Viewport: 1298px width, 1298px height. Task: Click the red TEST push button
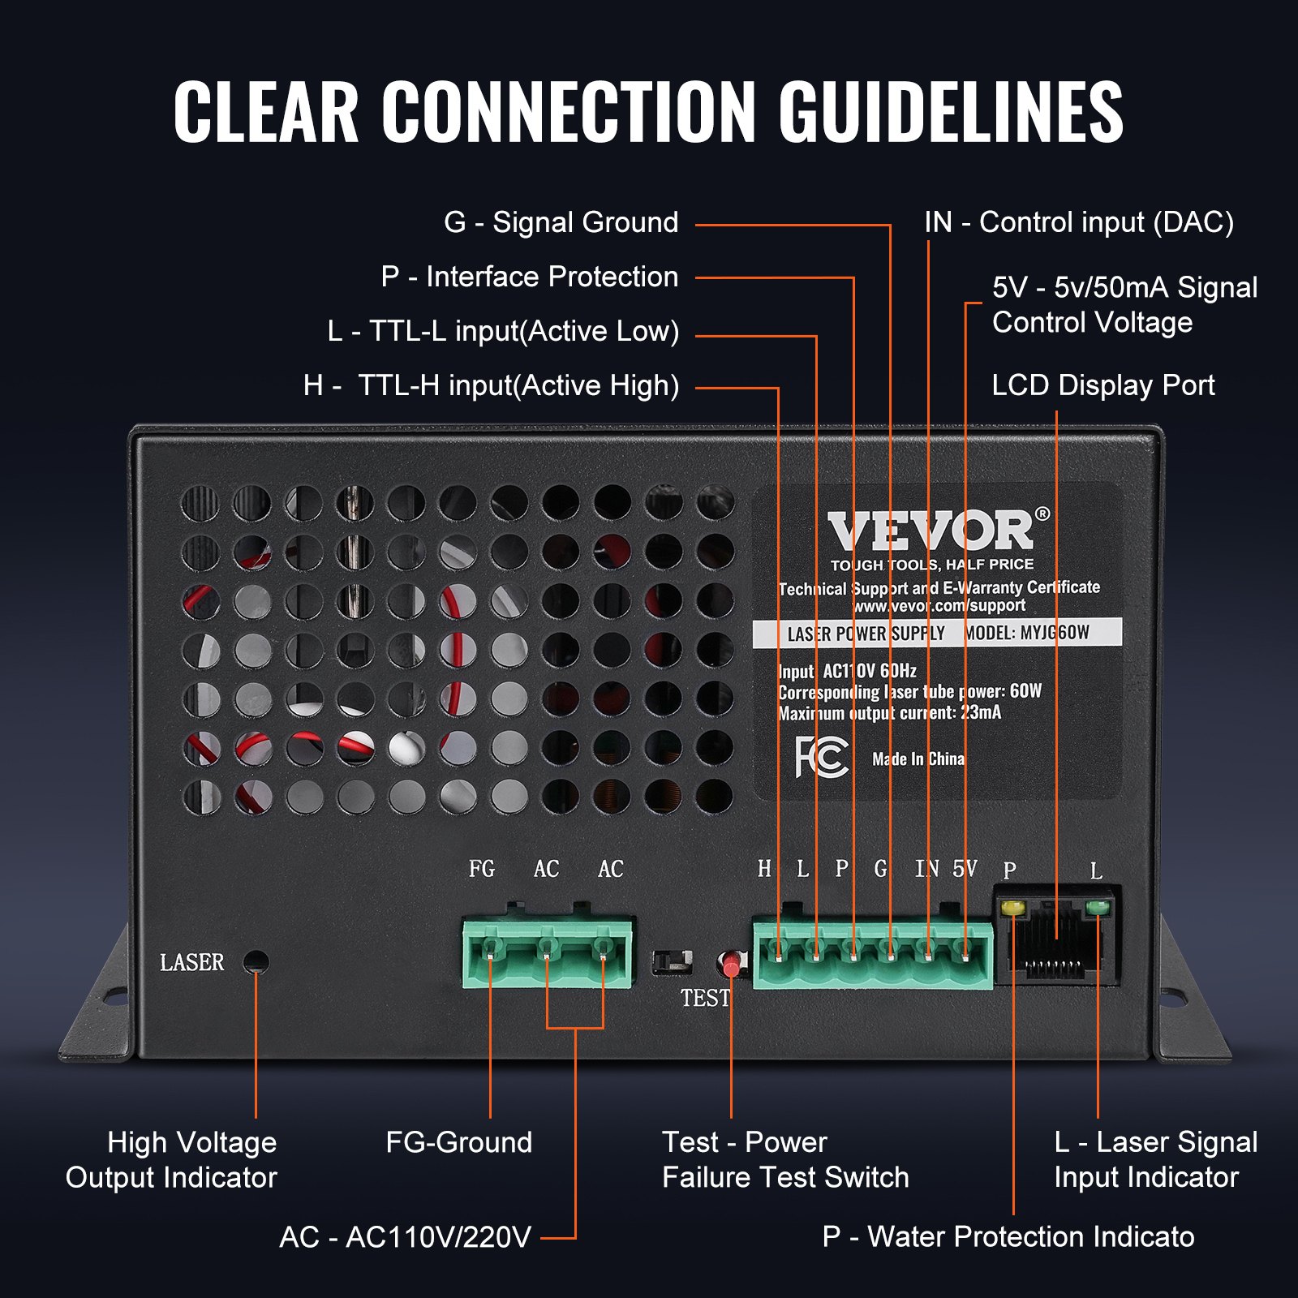tap(731, 965)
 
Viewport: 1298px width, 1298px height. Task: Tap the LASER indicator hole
tap(256, 962)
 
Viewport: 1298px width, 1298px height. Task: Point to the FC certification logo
tap(821, 757)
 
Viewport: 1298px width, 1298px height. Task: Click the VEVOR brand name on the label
tap(931, 531)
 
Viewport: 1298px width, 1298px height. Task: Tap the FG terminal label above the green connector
tap(481, 869)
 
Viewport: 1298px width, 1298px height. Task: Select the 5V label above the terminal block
tap(965, 869)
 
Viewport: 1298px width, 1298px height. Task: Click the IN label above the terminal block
tap(926, 869)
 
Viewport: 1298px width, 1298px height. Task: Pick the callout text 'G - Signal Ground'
tap(561, 222)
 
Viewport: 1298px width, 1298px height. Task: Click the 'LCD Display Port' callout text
tap(1102, 385)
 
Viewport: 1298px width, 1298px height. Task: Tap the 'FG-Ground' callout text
tap(458, 1142)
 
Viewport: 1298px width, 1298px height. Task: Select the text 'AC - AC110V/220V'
tap(405, 1237)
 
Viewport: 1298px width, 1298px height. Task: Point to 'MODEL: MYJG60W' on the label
tap(1027, 633)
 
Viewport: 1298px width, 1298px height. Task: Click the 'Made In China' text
tap(918, 759)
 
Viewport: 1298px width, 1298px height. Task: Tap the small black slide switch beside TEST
tap(673, 961)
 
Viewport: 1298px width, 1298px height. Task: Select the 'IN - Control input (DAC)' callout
tap(1078, 222)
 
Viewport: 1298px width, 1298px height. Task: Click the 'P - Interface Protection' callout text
tap(529, 277)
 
